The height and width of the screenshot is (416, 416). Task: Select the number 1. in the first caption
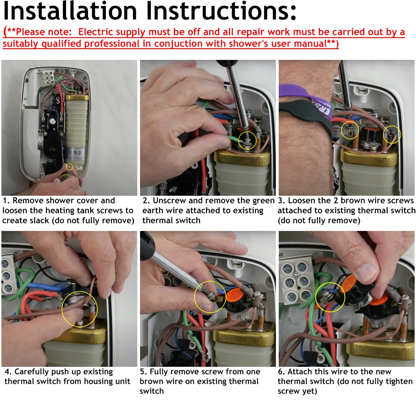(x=6, y=201)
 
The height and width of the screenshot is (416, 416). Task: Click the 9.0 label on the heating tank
(x=77, y=153)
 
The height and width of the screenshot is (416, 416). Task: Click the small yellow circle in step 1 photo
(x=69, y=167)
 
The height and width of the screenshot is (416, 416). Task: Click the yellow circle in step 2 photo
(x=247, y=140)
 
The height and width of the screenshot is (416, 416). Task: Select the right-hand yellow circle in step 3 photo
(x=392, y=134)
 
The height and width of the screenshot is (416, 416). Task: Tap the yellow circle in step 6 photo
(x=330, y=297)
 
